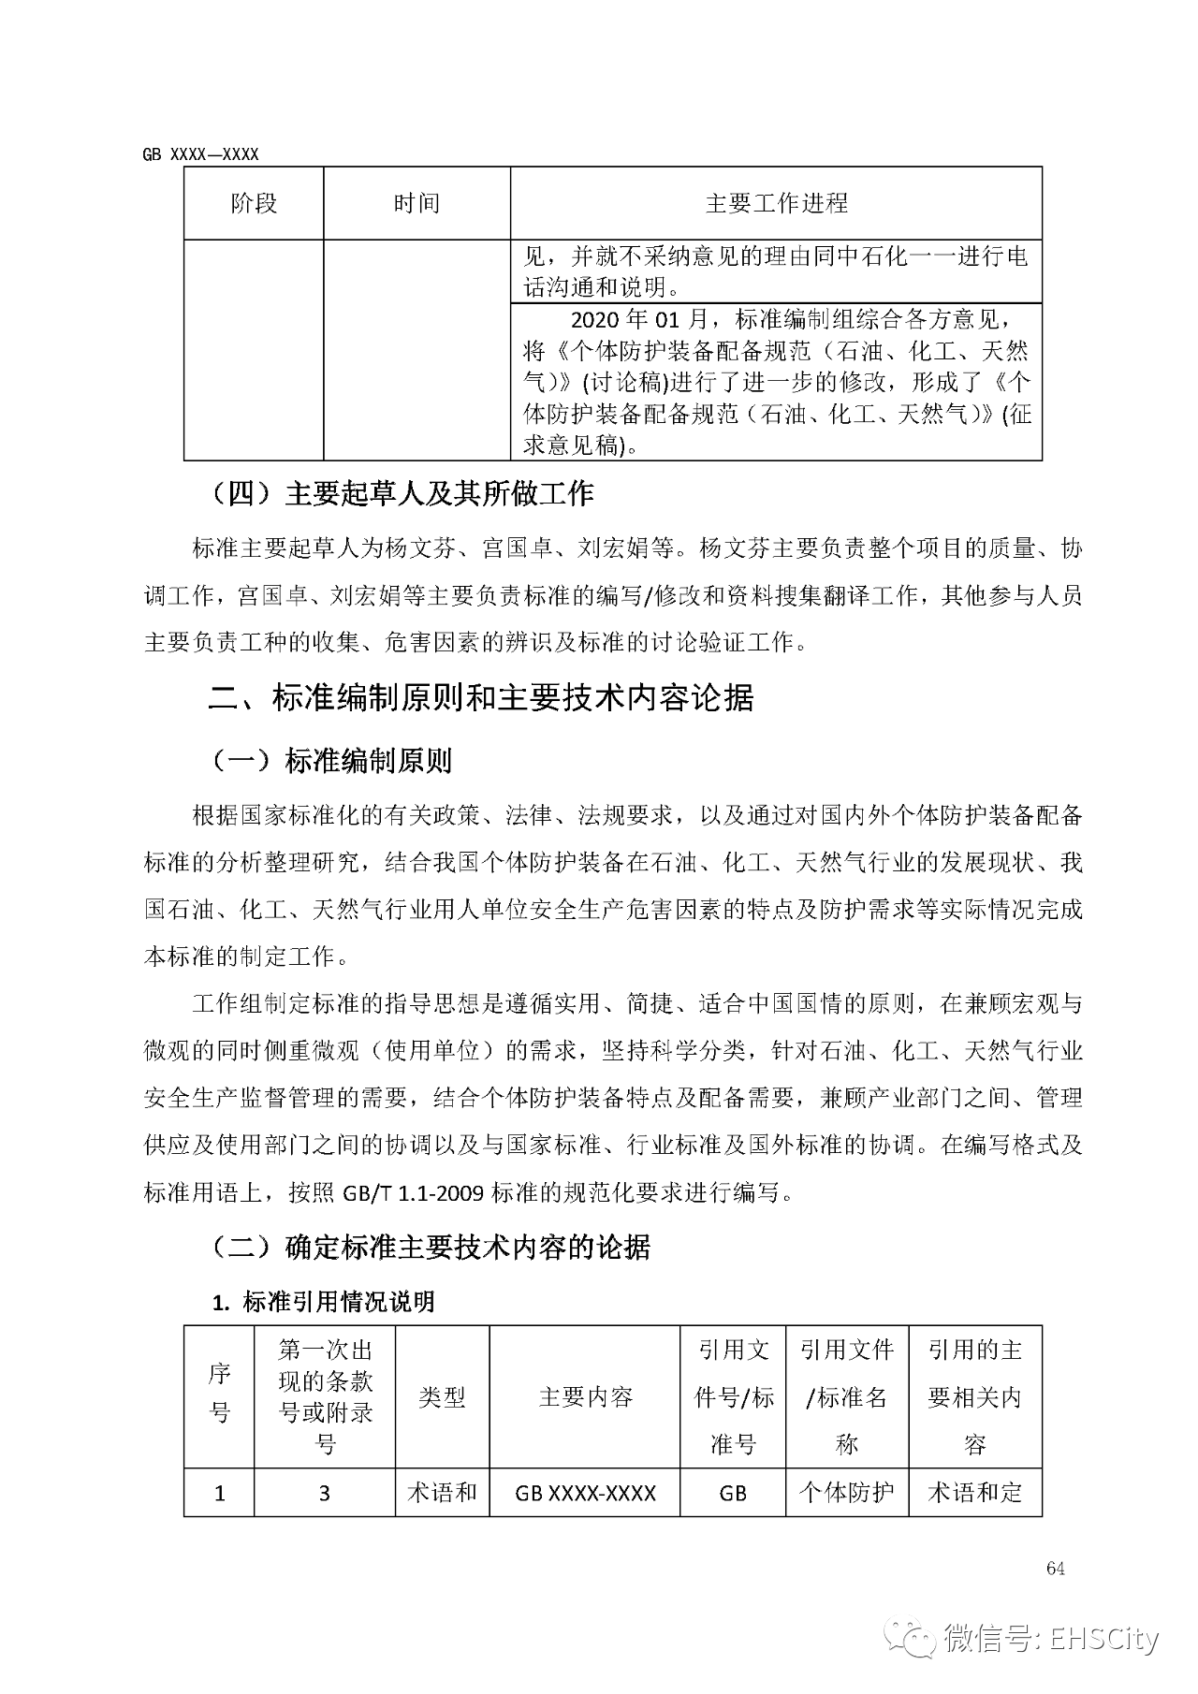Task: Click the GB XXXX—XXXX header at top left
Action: coord(200,154)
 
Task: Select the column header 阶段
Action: coord(254,203)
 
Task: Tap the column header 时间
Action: coord(416,203)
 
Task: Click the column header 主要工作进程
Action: coord(776,203)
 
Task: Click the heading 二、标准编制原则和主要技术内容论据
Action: coord(480,698)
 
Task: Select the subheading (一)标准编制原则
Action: coord(330,761)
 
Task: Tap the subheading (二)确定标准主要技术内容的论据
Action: coord(430,1247)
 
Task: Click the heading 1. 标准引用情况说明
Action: coord(323,1302)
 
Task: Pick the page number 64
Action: coord(1056,1570)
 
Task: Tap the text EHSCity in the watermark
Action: coord(1104,1640)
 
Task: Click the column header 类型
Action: coord(442,1397)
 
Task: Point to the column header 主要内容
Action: coord(586,1397)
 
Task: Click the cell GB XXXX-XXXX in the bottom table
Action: coord(586,1493)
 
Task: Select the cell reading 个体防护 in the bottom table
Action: coord(847,1492)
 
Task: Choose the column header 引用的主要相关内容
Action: coord(975,1397)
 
